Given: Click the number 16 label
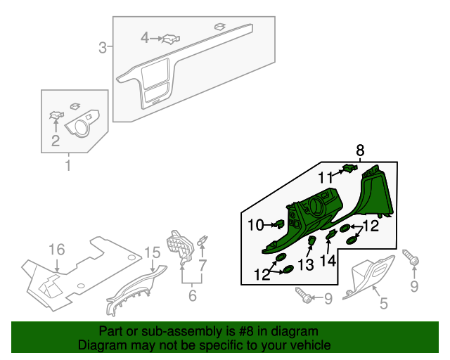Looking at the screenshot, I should pos(56,250).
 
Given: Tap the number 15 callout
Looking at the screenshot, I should pos(153,252).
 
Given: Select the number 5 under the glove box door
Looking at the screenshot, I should pos(383,303).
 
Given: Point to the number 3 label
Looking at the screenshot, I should pos(103,48).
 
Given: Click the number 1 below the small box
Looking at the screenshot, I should pos(68,166).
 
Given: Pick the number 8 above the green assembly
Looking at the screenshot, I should pos(360,150).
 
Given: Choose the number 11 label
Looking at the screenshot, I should pos(325,177).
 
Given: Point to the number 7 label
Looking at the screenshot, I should pos(202,265).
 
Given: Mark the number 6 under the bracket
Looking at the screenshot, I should pos(192,297).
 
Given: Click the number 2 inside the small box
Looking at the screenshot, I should pos(55,141).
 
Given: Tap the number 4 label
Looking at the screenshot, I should pos(145,37).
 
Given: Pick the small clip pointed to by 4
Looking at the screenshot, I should pos(169,39).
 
